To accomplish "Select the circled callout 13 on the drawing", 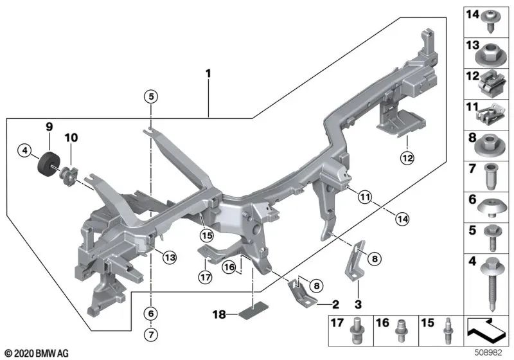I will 168,257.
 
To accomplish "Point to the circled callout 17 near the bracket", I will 205,278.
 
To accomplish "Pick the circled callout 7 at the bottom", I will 150,334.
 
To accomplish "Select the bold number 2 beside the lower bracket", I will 335,302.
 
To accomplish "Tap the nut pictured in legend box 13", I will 490,55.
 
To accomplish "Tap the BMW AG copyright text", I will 36,353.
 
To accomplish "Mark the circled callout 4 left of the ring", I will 24,151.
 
